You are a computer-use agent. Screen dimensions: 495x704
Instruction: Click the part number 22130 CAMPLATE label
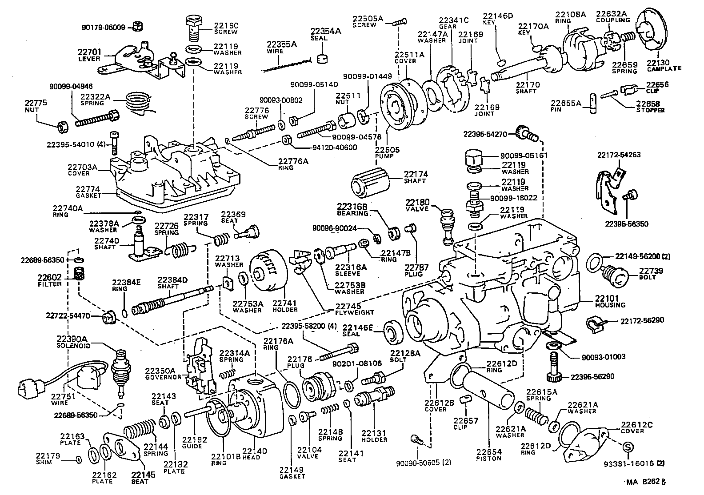[664, 65]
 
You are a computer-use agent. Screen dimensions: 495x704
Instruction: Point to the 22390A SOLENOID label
[73, 342]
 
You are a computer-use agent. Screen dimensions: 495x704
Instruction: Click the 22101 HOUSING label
[610, 301]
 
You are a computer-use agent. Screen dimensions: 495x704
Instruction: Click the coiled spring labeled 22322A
[139, 104]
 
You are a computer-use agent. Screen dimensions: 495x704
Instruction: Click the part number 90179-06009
[104, 27]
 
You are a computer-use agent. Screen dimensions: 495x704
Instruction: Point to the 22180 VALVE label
[417, 205]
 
